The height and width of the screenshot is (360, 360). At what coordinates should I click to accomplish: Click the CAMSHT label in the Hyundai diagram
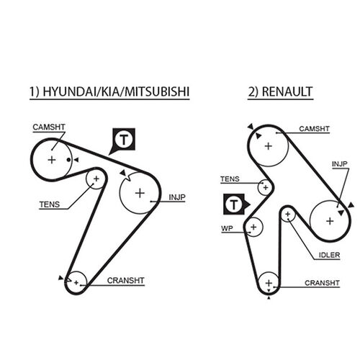(49, 127)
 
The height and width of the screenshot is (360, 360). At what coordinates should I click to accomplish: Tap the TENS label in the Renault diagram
(230, 179)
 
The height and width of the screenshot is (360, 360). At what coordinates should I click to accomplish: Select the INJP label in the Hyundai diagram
(176, 196)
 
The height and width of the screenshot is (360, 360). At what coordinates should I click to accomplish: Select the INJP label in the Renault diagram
(339, 163)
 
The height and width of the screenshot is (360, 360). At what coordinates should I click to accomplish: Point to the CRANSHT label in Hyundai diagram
(122, 280)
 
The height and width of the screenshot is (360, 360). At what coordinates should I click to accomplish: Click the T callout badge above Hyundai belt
(124, 140)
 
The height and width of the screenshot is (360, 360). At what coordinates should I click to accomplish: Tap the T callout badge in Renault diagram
(233, 206)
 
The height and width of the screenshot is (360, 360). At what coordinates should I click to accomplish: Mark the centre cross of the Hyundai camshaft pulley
(51, 159)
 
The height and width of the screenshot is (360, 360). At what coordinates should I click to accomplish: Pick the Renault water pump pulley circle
(253, 228)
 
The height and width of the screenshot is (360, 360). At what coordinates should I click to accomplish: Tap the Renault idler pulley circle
(288, 214)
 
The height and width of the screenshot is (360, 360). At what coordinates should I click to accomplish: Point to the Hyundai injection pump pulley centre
(139, 192)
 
